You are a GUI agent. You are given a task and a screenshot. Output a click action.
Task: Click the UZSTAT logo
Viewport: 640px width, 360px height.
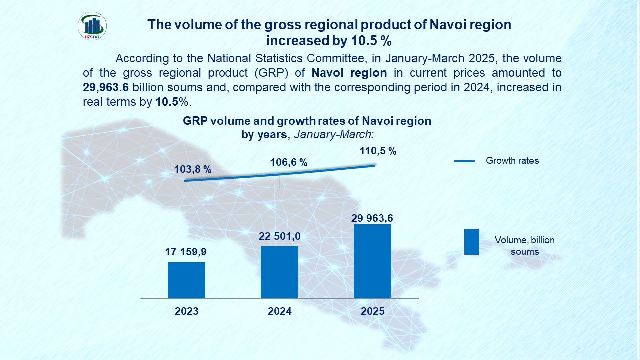tap(92, 26)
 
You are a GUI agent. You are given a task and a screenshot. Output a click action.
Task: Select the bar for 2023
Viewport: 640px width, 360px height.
tap(186, 280)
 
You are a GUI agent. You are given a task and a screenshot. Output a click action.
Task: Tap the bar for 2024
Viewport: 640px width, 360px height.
tap(279, 272)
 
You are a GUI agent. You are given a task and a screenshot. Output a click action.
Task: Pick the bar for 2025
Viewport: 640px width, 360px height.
tap(372, 261)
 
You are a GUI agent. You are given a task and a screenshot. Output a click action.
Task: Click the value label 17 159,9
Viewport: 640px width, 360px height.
tap(186, 253)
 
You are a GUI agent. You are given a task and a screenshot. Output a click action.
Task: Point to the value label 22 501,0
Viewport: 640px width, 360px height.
tap(279, 236)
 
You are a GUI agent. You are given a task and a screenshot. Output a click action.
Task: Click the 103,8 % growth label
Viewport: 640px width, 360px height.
tap(193, 169)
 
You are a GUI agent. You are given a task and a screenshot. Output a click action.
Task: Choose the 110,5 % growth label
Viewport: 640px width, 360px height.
tap(378, 151)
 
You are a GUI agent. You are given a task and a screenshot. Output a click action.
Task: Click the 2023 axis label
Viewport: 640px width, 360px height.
tap(186, 311)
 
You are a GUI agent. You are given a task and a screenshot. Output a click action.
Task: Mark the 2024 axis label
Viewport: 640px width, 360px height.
tap(279, 311)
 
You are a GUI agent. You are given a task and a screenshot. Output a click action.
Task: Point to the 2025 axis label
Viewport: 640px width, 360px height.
tap(372, 311)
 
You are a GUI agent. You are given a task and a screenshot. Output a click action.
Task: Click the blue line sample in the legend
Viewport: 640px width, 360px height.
tap(464, 161)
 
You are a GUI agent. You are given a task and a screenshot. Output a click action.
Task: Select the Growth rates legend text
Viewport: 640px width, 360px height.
tap(512, 161)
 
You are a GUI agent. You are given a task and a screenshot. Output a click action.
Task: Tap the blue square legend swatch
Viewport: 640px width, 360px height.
tap(471, 242)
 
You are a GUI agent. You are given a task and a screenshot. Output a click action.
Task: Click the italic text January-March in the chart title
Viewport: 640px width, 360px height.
tap(334, 134)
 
